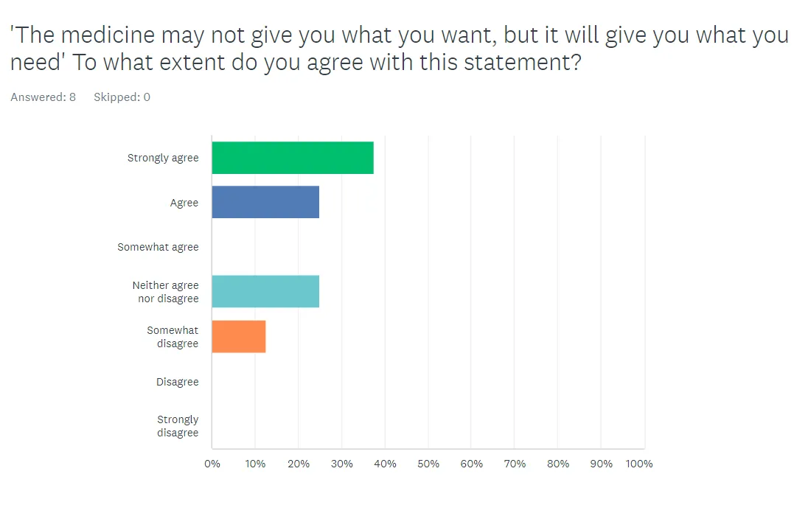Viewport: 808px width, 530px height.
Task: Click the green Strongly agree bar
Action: click(x=293, y=158)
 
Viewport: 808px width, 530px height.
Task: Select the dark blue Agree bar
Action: click(x=265, y=202)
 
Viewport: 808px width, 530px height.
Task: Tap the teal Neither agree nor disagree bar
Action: click(x=265, y=291)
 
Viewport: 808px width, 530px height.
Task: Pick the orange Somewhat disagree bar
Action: click(x=239, y=336)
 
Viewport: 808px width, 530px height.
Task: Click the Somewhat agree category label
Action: click(x=158, y=247)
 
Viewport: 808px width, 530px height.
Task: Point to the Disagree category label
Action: click(x=177, y=382)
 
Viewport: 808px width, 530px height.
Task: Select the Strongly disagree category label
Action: click(x=178, y=426)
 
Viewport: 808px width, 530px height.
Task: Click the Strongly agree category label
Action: click(x=163, y=158)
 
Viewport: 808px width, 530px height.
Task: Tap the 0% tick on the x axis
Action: click(x=212, y=464)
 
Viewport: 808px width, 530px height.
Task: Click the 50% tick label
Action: click(x=428, y=464)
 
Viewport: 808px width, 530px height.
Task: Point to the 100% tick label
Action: click(x=640, y=464)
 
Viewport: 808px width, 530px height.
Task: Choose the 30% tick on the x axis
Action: click(x=342, y=464)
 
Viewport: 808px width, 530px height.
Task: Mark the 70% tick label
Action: click(x=515, y=464)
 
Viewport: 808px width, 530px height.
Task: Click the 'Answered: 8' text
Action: click(x=43, y=97)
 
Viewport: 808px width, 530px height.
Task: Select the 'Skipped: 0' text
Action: click(x=122, y=97)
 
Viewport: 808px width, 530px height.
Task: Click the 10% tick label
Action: click(x=255, y=464)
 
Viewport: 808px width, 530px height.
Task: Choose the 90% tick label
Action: click(x=602, y=464)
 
